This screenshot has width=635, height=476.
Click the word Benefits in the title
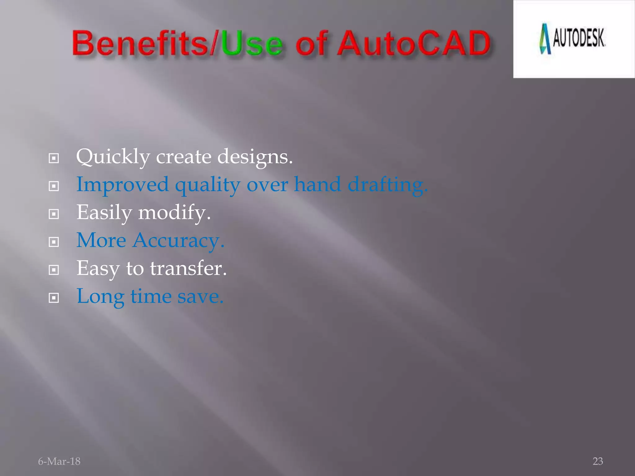(x=140, y=43)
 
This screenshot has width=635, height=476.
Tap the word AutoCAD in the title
(x=414, y=43)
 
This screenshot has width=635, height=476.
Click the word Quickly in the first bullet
(x=113, y=157)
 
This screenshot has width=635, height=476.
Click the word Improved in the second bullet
(x=122, y=185)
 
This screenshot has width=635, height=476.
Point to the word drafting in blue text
(x=388, y=185)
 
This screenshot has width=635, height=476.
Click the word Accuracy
(x=178, y=241)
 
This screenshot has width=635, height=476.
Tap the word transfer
(x=188, y=268)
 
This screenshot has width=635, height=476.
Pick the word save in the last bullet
(x=200, y=297)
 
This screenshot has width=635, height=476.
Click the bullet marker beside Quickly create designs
(x=54, y=159)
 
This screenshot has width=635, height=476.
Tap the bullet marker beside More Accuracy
(x=54, y=242)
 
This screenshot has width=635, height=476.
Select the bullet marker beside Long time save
(x=54, y=298)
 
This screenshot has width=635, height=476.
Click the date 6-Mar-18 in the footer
(x=59, y=461)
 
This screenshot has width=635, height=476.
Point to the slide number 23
(x=598, y=461)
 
